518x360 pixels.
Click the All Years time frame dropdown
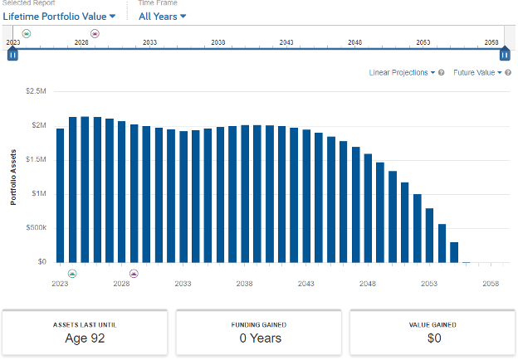(x=162, y=16)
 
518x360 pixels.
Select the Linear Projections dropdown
(x=403, y=72)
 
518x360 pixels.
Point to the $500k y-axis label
(x=36, y=227)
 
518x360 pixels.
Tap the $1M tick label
(x=39, y=193)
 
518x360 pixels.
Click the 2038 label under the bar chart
(x=244, y=283)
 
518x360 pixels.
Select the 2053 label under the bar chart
(x=429, y=283)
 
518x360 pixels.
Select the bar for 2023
(x=60, y=195)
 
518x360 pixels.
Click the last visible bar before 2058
(x=454, y=252)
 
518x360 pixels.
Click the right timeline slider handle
(x=505, y=55)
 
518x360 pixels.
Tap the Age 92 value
(x=85, y=338)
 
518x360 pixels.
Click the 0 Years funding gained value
(x=259, y=338)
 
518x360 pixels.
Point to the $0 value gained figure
(x=432, y=338)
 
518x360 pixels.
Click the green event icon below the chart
(x=72, y=273)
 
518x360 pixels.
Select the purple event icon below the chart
(x=134, y=273)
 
